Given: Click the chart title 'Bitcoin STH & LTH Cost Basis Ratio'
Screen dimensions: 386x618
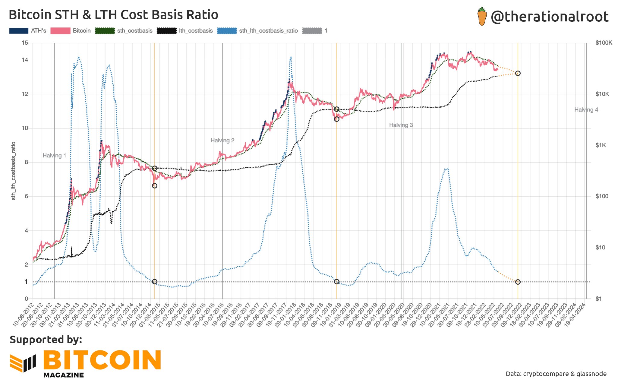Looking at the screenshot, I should point(113,15).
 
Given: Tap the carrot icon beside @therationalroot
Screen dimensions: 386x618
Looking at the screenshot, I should point(482,17).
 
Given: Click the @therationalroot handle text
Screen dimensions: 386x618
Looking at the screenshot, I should point(550,17).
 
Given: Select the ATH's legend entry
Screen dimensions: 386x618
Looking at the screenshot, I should point(28,31).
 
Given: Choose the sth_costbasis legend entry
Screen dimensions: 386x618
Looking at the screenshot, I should point(124,31).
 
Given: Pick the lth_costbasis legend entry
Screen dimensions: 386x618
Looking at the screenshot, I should point(185,31).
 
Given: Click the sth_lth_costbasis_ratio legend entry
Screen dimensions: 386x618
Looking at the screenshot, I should point(257,31).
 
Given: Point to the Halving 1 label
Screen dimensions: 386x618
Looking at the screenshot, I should point(54,156).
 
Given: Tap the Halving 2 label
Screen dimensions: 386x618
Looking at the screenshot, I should point(222,141).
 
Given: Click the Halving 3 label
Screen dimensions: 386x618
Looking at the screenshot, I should point(401,125).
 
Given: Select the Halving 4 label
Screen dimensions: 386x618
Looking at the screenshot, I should point(586,110).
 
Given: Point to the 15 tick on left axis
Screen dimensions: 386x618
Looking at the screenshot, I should point(25,43).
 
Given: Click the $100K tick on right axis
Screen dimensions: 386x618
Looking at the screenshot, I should point(604,43).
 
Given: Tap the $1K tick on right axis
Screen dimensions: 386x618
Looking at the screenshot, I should point(601,145).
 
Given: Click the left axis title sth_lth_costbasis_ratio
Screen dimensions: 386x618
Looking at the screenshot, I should point(14,171).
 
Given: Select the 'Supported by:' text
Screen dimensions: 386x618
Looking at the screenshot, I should point(46,340).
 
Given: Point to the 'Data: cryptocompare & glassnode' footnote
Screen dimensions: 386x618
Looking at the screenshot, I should point(556,374).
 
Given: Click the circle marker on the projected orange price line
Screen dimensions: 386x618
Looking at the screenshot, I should point(518,73).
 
